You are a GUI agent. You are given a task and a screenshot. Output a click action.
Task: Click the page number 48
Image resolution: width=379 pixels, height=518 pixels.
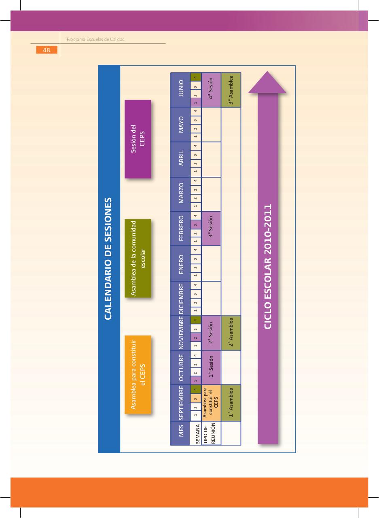pos(47,50)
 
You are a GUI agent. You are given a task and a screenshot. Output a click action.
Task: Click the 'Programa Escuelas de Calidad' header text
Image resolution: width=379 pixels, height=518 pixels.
pos(95,39)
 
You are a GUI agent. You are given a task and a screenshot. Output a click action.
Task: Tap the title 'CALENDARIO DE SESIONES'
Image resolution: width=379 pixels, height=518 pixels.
pos(108,259)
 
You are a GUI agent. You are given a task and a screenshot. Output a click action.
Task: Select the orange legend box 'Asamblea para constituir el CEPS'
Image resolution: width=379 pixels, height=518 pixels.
pos(138,375)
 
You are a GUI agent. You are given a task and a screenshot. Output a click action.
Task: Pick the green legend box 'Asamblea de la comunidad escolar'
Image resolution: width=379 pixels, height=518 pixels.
pos(138,258)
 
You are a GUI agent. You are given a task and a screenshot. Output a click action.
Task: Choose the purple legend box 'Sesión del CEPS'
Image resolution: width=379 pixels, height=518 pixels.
pos(138,139)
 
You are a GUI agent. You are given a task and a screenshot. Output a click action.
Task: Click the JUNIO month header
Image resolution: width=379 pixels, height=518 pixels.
pos(181,90)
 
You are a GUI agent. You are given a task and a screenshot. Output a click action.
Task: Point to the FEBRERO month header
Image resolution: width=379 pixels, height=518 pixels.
pos(181,229)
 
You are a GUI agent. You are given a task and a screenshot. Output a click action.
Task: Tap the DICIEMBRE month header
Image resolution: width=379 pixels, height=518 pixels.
pos(181,299)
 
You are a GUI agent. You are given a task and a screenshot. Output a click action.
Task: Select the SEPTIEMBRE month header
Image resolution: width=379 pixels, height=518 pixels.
pos(181,403)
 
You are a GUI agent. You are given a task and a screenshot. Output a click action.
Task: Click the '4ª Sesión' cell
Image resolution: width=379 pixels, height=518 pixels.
pos(211,90)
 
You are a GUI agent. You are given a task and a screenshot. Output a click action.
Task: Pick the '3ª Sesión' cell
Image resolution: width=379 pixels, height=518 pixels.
pos(211,229)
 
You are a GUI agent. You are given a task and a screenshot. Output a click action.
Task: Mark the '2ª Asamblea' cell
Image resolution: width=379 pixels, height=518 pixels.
pos(231,333)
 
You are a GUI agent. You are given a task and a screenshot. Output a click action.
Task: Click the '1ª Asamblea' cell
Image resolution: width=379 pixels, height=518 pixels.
pos(231,403)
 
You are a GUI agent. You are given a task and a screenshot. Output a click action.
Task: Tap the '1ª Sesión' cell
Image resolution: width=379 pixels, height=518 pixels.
pos(211,368)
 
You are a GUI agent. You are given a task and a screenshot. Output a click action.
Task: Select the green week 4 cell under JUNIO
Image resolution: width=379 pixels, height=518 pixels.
pos(195,77)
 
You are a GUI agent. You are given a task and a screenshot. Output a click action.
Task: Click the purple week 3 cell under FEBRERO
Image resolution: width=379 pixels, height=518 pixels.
pos(195,225)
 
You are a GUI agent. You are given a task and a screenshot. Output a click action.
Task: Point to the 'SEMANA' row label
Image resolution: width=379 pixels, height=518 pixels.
pos(197,433)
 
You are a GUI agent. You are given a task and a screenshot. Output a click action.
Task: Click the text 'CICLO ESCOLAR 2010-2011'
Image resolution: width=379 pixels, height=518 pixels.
pos(268,267)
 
